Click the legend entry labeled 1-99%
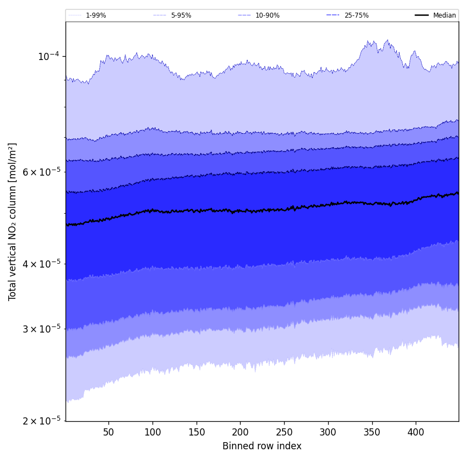96,15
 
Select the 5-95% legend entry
181,15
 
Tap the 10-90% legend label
267,15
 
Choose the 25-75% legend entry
356,15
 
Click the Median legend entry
444,15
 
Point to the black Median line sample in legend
422,15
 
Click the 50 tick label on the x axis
108,432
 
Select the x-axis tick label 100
153,432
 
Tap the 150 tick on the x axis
197,432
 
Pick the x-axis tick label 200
240,432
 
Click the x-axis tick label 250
284,432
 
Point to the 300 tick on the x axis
328,432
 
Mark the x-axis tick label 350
372,432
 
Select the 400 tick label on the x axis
416,432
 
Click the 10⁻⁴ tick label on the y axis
48,56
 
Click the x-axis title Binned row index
262,446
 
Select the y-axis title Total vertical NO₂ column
13,221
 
